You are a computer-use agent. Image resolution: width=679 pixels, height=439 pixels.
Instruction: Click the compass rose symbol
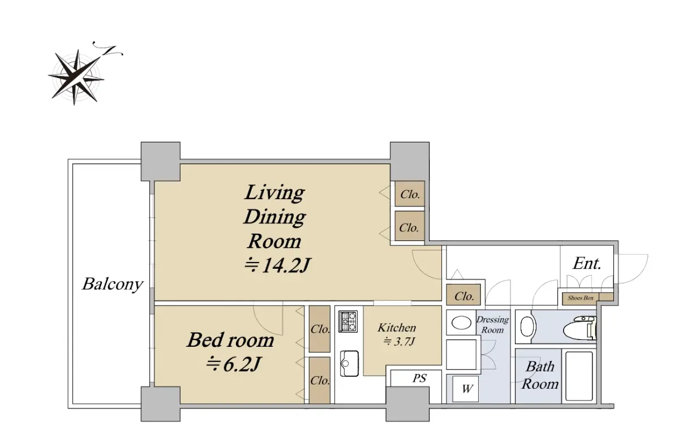tap(76, 78)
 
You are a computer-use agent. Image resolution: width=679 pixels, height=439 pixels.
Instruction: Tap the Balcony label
tap(113, 285)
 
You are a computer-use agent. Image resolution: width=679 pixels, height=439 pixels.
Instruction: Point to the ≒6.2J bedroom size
tap(233, 364)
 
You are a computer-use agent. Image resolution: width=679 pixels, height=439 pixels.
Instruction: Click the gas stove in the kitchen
tap(348, 321)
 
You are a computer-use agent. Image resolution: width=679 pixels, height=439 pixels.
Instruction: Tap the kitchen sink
tap(349, 364)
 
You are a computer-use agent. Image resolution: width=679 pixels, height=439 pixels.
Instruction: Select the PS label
tap(419, 378)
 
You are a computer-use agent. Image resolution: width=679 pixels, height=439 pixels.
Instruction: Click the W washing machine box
tap(466, 389)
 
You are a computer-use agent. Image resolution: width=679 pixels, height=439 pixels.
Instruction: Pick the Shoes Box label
tap(581, 298)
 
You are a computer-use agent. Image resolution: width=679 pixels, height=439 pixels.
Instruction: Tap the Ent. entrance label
tap(587, 263)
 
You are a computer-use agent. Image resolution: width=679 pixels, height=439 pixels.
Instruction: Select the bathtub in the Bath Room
tap(579, 376)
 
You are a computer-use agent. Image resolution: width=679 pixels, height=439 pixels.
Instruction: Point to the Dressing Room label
tap(493, 325)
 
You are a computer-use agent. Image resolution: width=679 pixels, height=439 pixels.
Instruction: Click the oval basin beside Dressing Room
tap(461, 322)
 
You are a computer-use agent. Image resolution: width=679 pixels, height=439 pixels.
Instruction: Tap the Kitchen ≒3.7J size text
tap(399, 342)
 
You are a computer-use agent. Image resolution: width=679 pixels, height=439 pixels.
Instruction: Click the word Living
tap(274, 193)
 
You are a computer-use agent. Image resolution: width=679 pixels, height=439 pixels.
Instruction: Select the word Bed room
tap(230, 340)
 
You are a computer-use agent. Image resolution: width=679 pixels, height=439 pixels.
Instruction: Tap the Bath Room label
tap(540, 376)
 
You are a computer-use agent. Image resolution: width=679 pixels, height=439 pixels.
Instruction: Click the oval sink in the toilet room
tap(527, 326)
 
